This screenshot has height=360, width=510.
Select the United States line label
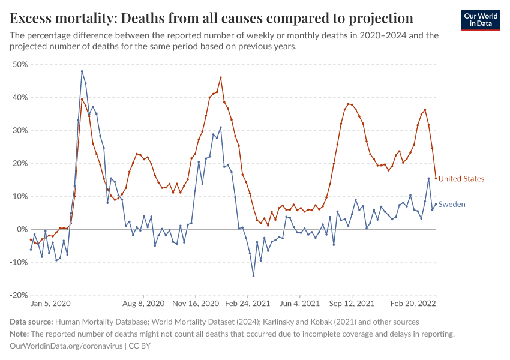pos(461,179)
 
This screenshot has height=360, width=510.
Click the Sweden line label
pos(452,205)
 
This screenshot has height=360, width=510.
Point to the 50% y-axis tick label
pos(20,64)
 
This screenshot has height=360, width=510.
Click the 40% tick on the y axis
pos(20,97)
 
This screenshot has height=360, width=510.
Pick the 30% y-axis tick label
pos(20,130)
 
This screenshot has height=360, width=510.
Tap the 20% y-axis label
pos(20,163)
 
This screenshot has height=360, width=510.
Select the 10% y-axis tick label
pos(20,196)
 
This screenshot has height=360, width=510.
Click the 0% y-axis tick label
pos(22,229)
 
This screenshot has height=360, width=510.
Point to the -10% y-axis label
pos(18,262)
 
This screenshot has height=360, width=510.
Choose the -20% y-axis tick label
pos(18,295)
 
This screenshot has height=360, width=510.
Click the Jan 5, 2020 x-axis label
pos(51,304)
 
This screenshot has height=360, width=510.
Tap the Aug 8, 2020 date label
pos(143,304)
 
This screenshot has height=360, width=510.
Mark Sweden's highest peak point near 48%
pos(82,71)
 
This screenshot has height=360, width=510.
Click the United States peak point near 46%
pos(221,77)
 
